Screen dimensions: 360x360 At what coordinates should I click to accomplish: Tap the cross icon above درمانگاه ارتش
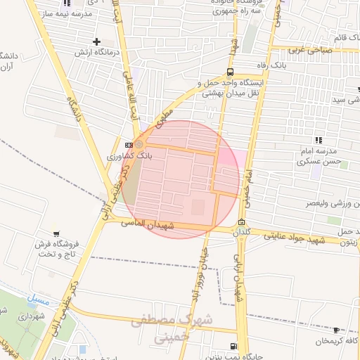(96, 41)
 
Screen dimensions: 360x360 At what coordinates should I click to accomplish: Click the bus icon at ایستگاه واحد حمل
(231, 72)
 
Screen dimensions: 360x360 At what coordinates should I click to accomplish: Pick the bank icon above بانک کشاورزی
(127, 143)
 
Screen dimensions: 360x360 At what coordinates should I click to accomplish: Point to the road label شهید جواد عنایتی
(285, 236)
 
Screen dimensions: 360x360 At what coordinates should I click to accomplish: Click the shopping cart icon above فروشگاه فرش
(56, 232)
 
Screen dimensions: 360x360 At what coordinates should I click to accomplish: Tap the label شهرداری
(30, 318)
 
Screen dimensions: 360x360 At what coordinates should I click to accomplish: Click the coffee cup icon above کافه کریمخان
(335, 330)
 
